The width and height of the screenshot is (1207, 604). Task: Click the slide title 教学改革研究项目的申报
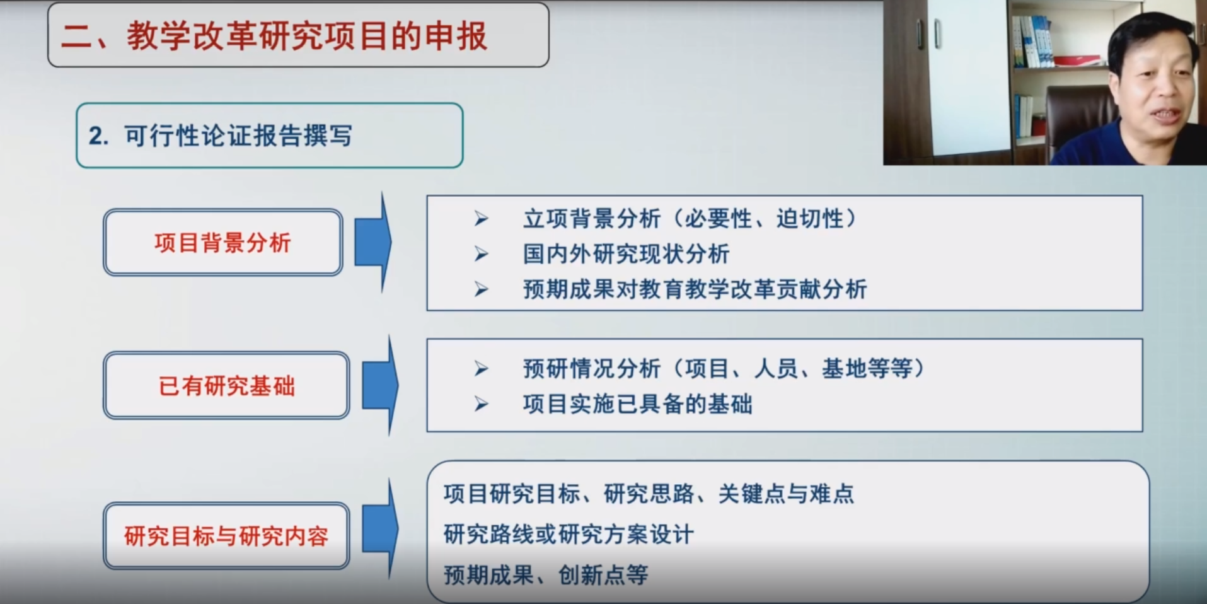tap(306, 36)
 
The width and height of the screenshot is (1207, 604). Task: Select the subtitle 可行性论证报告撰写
tap(238, 136)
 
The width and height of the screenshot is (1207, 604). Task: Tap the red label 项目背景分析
tap(222, 243)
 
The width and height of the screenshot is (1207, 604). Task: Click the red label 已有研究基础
tap(226, 386)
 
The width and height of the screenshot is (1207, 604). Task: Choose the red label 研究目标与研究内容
tap(226, 536)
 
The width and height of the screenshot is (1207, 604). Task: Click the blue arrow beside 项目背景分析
tap(373, 243)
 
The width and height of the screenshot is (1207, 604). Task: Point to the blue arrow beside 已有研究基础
tap(380, 385)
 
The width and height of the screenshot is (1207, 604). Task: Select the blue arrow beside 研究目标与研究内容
tap(380, 528)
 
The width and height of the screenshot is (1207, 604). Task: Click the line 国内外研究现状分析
tap(626, 254)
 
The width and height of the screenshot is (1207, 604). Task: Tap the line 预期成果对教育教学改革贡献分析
tap(695, 289)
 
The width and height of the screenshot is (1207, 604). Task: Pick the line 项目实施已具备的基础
tap(637, 404)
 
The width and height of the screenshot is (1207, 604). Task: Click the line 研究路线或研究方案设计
tap(569, 534)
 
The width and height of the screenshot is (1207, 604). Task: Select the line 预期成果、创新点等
tap(546, 574)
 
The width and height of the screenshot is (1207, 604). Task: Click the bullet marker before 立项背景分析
tap(482, 219)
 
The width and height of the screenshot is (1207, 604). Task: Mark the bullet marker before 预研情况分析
tap(482, 368)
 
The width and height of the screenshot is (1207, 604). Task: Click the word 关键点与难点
tap(786, 494)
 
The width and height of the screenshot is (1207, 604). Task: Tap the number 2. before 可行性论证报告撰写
tap(98, 136)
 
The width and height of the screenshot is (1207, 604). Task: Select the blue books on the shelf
tap(1032, 42)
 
